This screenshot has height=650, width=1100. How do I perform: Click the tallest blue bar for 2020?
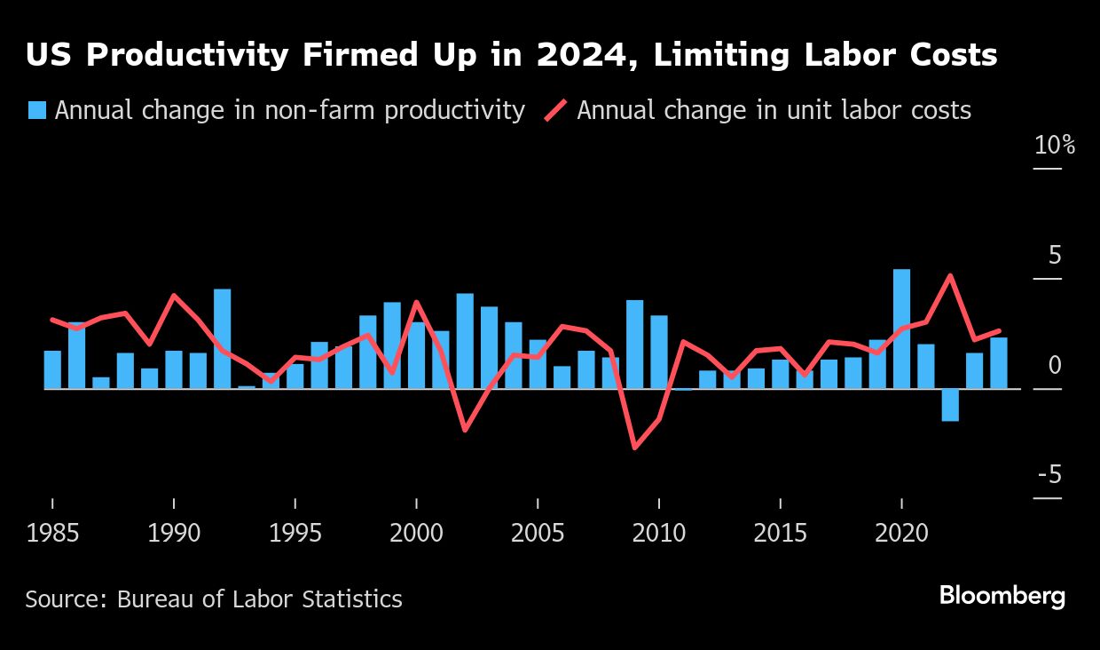click(x=901, y=329)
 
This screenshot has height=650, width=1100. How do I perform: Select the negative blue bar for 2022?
click(x=950, y=405)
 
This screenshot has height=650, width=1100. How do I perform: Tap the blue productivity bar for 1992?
click(x=222, y=338)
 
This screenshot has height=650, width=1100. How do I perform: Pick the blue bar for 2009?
click(x=634, y=345)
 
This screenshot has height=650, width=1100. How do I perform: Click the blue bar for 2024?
click(x=998, y=363)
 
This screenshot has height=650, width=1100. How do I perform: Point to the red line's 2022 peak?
click(x=950, y=275)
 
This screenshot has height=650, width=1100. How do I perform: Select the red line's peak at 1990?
click(x=173, y=295)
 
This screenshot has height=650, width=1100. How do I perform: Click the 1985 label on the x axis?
click(x=52, y=534)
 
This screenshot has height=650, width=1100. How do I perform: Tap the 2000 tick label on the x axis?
click(x=416, y=534)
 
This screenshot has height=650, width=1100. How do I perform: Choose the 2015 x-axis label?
click(x=780, y=534)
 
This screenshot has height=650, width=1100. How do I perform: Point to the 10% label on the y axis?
click(x=1054, y=146)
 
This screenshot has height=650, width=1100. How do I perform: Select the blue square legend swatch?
click(x=36, y=110)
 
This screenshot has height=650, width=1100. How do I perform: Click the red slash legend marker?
click(x=554, y=110)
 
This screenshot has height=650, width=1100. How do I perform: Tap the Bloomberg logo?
click(x=1002, y=596)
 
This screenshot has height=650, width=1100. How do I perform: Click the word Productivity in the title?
click(x=186, y=56)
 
